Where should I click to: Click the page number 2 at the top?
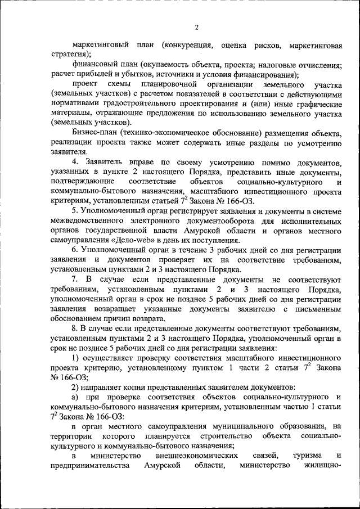196,27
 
